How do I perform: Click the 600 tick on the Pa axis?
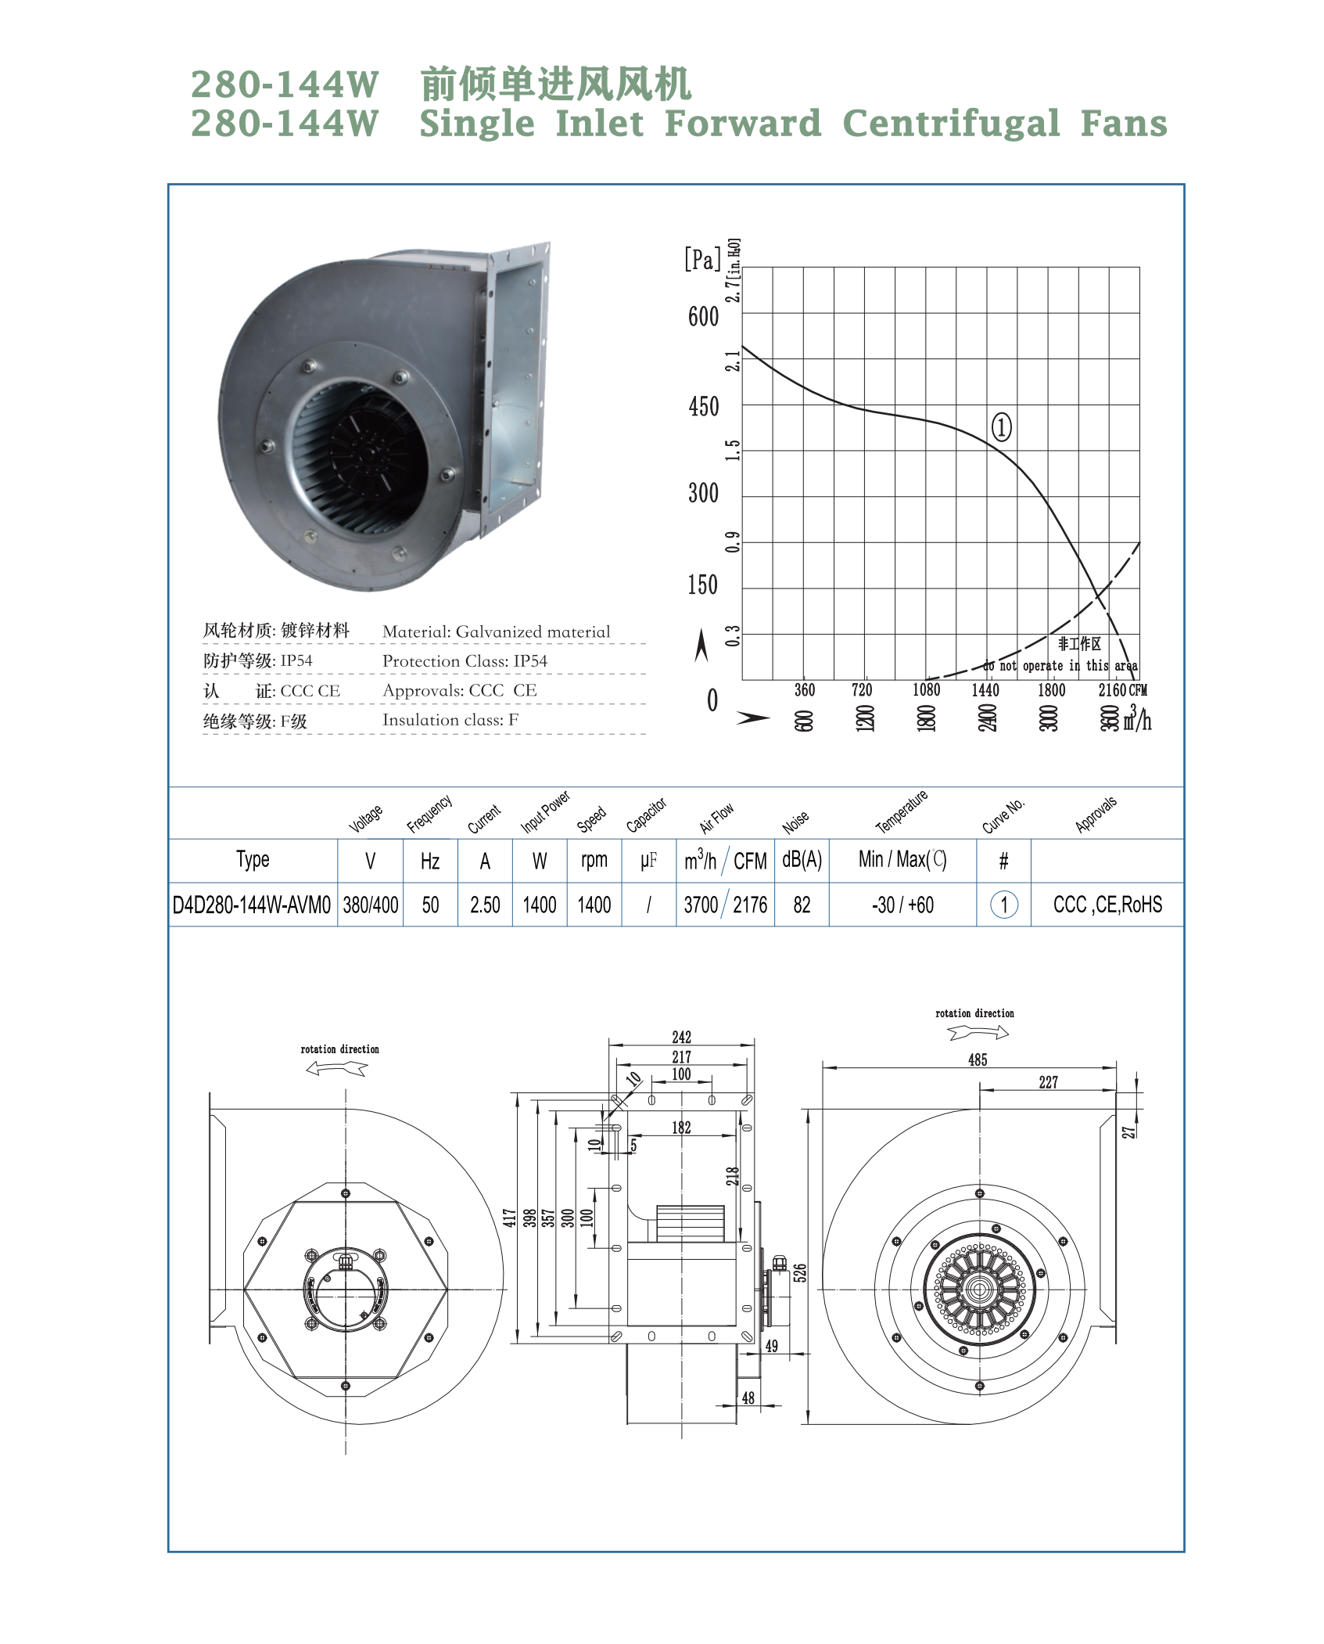[x=703, y=317]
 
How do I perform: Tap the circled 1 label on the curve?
[x=1002, y=426]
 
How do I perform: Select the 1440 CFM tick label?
[x=985, y=690]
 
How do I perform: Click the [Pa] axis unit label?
[x=701, y=259]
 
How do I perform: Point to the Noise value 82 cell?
[x=802, y=905]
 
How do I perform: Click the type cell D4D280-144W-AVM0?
[x=252, y=905]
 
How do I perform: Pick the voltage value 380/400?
[x=371, y=905]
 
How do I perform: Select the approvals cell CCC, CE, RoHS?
[x=1107, y=905]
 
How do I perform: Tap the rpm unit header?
[x=594, y=860]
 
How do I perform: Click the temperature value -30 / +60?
[x=902, y=905]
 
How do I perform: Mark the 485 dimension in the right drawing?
[x=978, y=1059]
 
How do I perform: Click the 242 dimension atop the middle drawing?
[x=681, y=1037]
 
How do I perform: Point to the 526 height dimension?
[x=799, y=1272]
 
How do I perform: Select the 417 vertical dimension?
[x=509, y=1218]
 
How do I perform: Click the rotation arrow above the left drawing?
[x=337, y=1069]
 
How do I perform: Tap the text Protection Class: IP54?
[x=465, y=661]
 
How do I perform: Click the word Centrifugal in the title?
[x=951, y=124]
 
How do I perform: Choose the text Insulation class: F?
[x=450, y=721]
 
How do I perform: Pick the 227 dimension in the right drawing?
[x=1048, y=1082]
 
